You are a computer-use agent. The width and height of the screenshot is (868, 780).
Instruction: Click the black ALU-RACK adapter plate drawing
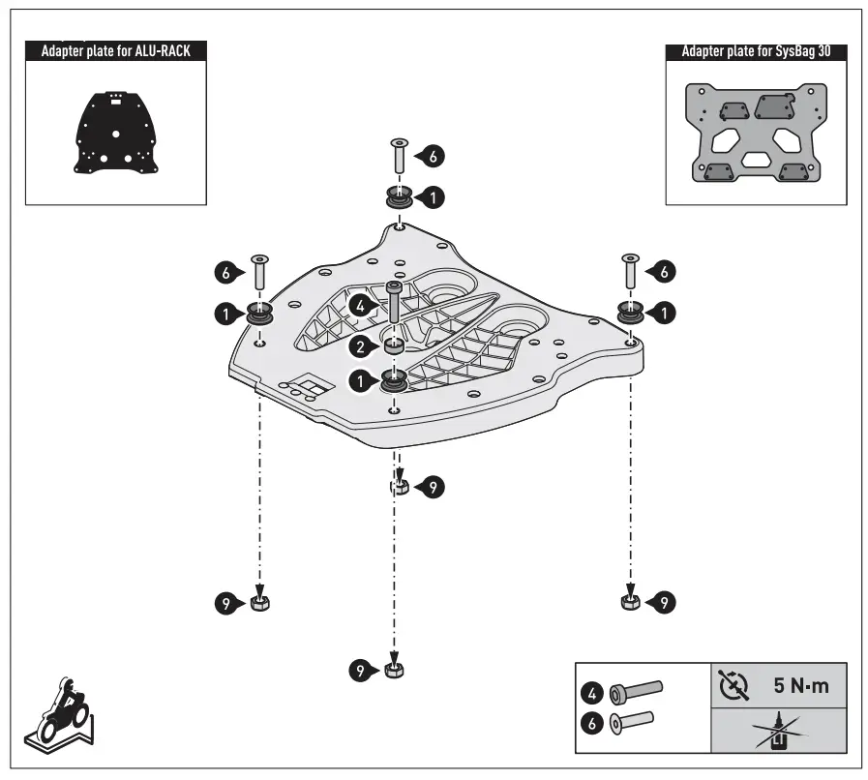click(115, 133)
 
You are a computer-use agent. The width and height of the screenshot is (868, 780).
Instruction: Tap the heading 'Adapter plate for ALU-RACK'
click(114, 50)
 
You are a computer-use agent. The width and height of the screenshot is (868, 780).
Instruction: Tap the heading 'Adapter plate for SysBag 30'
click(756, 50)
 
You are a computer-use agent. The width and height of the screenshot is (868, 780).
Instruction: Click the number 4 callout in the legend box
click(592, 693)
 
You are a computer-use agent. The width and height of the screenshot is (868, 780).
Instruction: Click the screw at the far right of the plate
click(631, 274)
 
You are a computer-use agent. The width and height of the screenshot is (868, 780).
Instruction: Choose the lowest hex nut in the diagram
click(392, 670)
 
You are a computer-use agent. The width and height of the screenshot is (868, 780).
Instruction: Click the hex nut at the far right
click(629, 602)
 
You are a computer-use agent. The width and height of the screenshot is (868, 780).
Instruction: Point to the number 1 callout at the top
click(434, 196)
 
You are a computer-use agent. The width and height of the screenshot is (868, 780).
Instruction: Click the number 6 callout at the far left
click(224, 274)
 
